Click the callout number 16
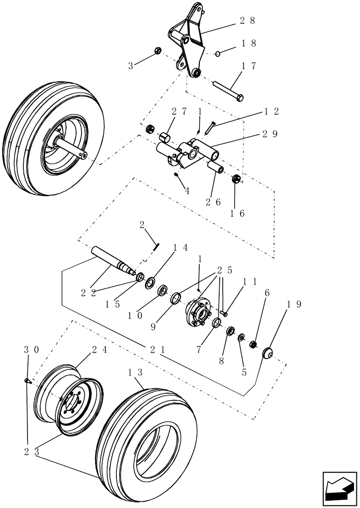pyautogui.click(x=237, y=213)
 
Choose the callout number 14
pyautogui.click(x=167, y=247)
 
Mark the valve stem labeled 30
pyautogui.click(x=27, y=381)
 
